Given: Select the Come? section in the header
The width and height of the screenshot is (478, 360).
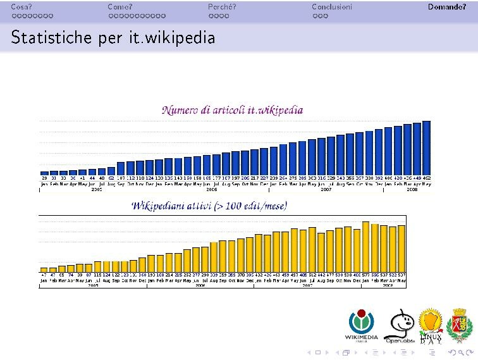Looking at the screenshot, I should pyautogui.click(x=120, y=7).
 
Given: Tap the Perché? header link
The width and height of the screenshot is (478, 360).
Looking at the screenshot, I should pyautogui.click(x=222, y=7).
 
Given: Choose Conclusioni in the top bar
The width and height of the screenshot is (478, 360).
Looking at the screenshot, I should pyautogui.click(x=332, y=7).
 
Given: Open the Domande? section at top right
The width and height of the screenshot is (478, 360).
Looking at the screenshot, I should pyautogui.click(x=446, y=7).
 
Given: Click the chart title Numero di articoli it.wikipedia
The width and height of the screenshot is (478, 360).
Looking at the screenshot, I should pyautogui.click(x=232, y=110).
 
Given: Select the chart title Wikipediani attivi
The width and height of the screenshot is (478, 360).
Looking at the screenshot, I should pyautogui.click(x=209, y=206).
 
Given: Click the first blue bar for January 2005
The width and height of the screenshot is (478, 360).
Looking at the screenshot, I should pyautogui.click(x=44, y=173).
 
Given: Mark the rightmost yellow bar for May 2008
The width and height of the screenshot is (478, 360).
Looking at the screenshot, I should pyautogui.click(x=401, y=248).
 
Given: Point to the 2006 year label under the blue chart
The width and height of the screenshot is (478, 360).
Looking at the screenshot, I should pyautogui.click(x=212, y=189).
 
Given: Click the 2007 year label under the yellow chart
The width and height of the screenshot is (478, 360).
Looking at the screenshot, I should pyautogui.click(x=307, y=285).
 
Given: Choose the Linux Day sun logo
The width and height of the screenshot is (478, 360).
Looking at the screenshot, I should pyautogui.click(x=431, y=324).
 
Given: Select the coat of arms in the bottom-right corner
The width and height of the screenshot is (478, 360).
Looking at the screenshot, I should pyautogui.click(x=459, y=325).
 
